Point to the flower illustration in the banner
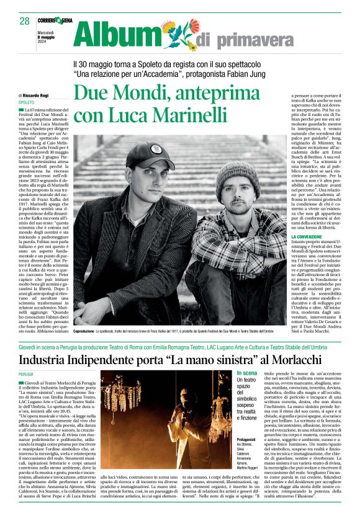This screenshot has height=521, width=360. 176,33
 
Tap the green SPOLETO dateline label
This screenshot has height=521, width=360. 26,102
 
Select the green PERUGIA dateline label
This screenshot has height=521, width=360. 26,375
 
